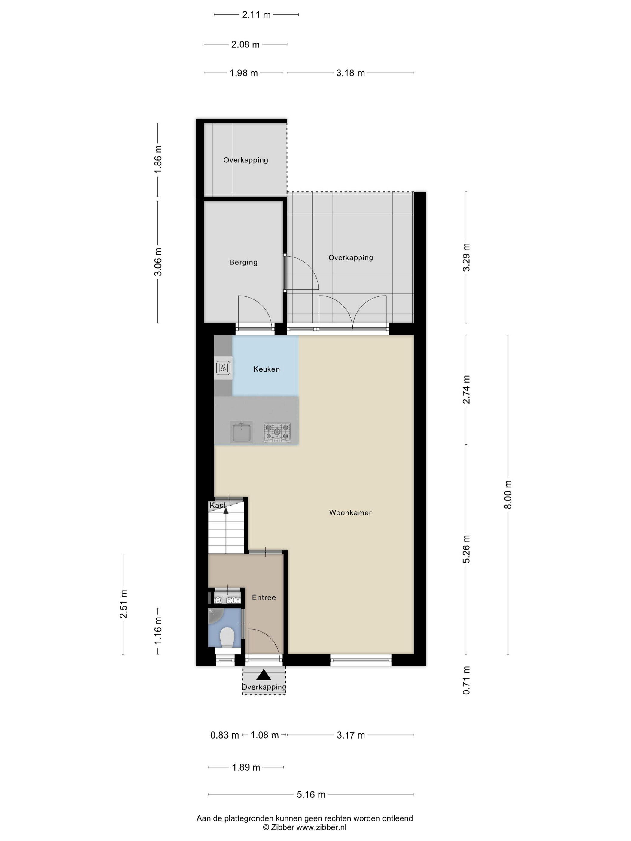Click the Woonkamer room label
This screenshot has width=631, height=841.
pyautogui.click(x=350, y=512)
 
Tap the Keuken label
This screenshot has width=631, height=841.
pyautogui.click(x=266, y=369)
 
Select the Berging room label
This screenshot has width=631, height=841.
pyautogui.click(x=243, y=262)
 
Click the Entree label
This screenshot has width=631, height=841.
pyautogui.click(x=264, y=597)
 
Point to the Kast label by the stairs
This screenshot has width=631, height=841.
pyautogui.click(x=218, y=505)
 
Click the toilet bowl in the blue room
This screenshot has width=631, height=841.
pyautogui.click(x=227, y=637)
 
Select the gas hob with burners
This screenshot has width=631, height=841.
pyautogui.click(x=277, y=432)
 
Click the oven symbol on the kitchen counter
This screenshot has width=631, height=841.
pyautogui.click(x=223, y=368)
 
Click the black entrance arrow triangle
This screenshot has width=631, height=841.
pyautogui.click(x=264, y=675)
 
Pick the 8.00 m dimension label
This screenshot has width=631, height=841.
pyautogui.click(x=508, y=494)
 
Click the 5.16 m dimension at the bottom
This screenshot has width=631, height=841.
pyautogui.click(x=311, y=794)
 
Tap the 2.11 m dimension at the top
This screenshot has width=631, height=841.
pyautogui.click(x=256, y=14)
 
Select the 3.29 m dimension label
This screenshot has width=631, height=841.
pyautogui.click(x=466, y=257)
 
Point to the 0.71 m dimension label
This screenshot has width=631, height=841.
pyautogui.click(x=466, y=680)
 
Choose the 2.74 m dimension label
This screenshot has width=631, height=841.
pyautogui.click(x=466, y=389)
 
